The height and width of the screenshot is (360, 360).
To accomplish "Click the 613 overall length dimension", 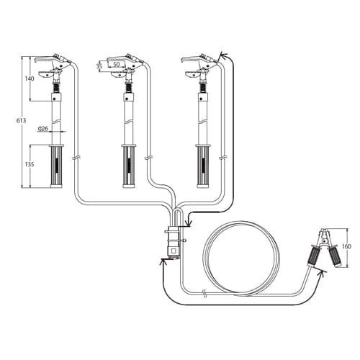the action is coord(22,120).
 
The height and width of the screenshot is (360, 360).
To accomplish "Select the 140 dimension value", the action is coord(30,78).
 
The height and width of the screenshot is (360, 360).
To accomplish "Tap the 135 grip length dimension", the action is coord(30,164).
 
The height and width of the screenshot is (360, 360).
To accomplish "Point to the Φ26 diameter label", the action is coord(42,129).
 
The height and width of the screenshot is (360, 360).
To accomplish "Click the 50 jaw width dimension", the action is coord(117,64).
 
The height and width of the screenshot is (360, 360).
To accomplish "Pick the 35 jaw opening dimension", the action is coord(99,66).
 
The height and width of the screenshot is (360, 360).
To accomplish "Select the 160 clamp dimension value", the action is coord(346,246).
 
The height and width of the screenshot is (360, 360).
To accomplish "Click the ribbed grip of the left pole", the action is coord(57,166).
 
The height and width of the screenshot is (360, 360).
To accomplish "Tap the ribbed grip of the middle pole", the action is coord(129,166).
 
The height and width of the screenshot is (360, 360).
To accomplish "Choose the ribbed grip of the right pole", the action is coord(203,166).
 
